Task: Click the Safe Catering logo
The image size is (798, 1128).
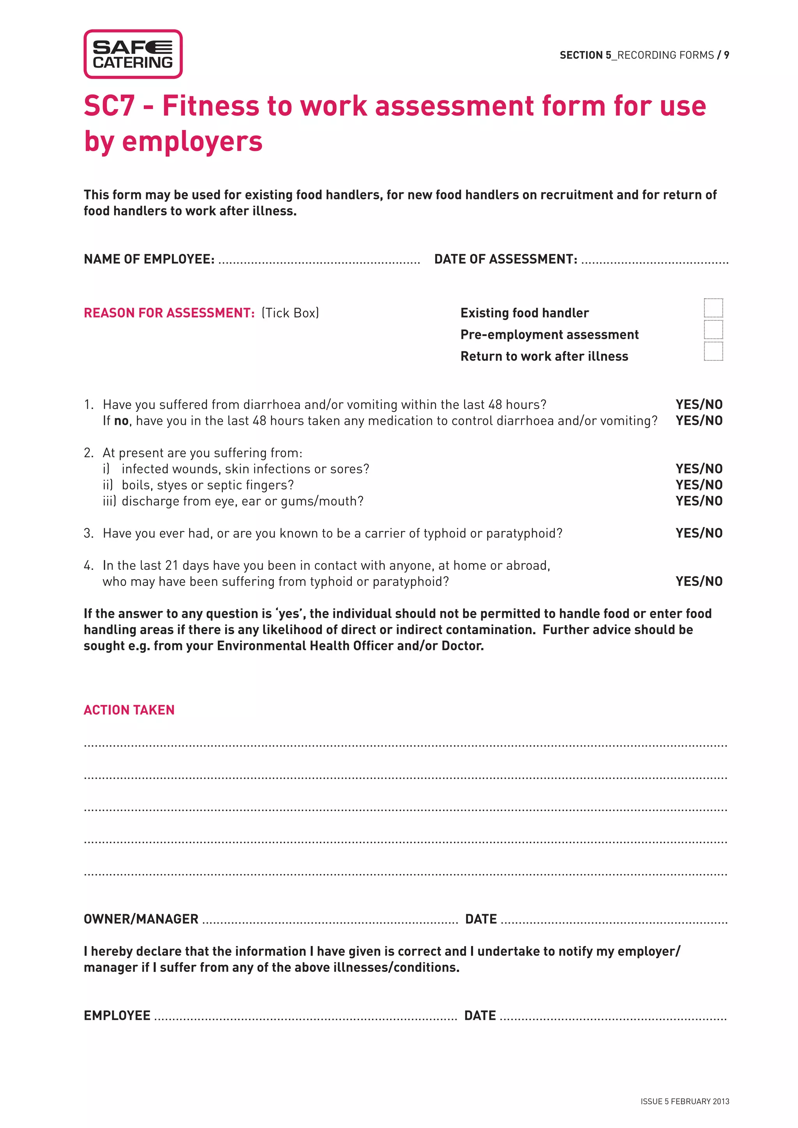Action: pos(132,54)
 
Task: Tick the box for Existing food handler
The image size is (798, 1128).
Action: pos(713,308)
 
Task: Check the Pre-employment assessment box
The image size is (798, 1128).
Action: pos(713,330)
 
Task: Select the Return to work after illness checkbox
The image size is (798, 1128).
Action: pos(713,351)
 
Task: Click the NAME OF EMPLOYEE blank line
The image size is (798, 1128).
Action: pos(320,261)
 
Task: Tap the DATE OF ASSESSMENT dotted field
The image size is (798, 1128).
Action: pos(655,261)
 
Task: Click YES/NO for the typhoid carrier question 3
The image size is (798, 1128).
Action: pos(699,533)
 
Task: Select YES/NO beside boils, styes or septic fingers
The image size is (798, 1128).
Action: pos(699,485)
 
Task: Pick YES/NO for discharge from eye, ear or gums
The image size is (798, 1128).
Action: pos(699,501)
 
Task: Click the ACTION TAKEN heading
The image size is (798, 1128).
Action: pos(129,710)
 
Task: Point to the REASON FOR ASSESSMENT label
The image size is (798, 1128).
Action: pos(169,313)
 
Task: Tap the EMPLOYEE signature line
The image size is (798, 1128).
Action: pos(305,1017)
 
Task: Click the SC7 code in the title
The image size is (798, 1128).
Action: pos(109,106)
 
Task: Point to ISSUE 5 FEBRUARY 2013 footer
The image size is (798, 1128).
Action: pos(685,1102)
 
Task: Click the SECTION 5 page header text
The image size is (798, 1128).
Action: pos(644,55)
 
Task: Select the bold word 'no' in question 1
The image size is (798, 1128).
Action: pos(121,421)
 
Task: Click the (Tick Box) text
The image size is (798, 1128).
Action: pos(290,313)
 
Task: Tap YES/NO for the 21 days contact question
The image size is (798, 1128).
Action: pos(699,582)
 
